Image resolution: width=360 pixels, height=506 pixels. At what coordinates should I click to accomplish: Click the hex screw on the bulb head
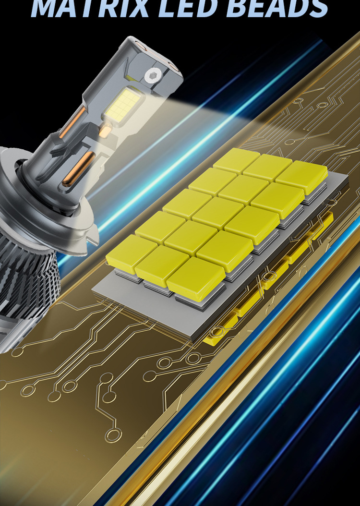tap(152, 76)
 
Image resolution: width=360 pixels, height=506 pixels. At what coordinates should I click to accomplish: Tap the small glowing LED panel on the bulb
tap(121, 104)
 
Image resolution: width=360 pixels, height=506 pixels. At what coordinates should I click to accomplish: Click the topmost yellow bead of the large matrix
tap(237, 161)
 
